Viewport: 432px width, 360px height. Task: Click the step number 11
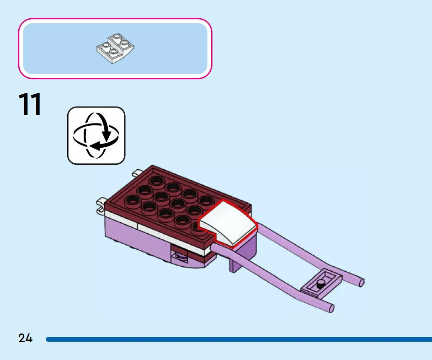click(x=30, y=104)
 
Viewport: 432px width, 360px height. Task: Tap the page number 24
click(x=25, y=338)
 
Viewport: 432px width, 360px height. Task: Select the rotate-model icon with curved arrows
click(x=96, y=135)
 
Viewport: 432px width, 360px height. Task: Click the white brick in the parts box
click(x=115, y=48)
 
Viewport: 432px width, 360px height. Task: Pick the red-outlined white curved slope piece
click(x=228, y=223)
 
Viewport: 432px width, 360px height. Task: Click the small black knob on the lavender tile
click(x=320, y=284)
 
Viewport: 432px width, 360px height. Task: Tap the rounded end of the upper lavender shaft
click(x=362, y=282)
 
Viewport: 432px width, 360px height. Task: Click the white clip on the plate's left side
click(x=101, y=205)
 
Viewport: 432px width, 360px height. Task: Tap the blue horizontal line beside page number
click(x=239, y=339)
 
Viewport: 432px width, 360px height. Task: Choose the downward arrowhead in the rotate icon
click(x=107, y=135)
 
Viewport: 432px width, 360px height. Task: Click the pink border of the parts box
click(x=115, y=19)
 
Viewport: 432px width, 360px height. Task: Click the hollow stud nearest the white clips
click(x=133, y=200)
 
